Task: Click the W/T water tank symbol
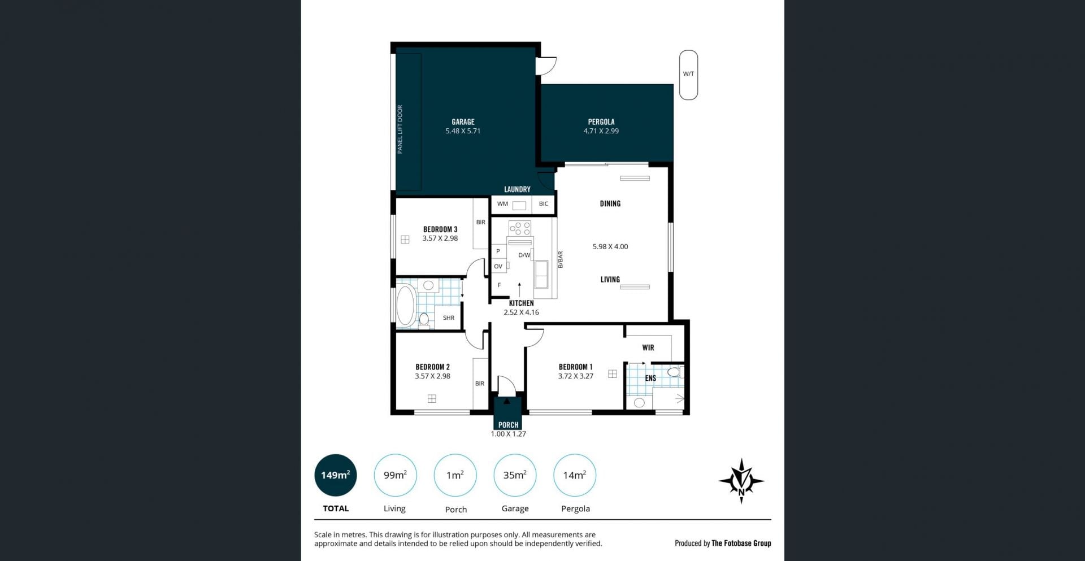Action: (x=688, y=75)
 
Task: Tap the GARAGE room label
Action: (x=463, y=121)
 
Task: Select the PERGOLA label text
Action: (x=601, y=121)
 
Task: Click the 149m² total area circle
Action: (x=336, y=475)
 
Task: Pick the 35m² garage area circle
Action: (x=515, y=475)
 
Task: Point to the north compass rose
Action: (x=741, y=481)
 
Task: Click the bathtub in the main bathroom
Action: (x=405, y=306)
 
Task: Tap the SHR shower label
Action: (x=449, y=318)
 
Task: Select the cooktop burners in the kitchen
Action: (x=520, y=228)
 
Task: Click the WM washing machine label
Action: (x=502, y=204)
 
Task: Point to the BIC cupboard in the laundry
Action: (x=544, y=204)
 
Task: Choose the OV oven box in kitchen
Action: (x=498, y=266)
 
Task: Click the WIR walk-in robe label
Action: (x=648, y=347)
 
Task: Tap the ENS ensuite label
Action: (x=650, y=378)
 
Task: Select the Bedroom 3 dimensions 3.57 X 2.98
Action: (x=440, y=238)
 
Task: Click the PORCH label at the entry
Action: (x=508, y=425)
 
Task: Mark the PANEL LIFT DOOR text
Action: (x=400, y=129)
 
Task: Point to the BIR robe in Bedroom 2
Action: (x=480, y=384)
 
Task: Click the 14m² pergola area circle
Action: (x=575, y=475)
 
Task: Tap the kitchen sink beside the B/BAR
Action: (x=541, y=275)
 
